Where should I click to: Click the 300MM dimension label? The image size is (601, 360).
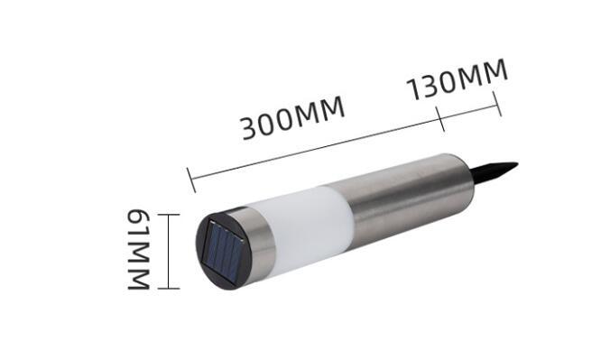(293, 117)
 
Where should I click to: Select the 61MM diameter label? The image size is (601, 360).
(138, 250)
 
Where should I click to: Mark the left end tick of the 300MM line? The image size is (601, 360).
(191, 180)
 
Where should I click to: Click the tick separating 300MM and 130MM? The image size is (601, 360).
(440, 119)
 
